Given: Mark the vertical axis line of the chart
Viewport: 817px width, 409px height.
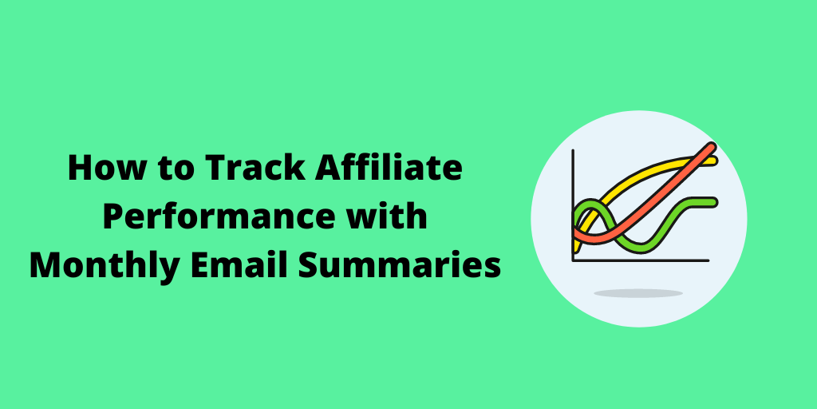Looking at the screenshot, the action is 573,205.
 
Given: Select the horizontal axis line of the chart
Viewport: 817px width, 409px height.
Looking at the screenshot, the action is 641,260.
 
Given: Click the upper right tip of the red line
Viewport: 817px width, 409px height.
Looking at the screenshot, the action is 712,145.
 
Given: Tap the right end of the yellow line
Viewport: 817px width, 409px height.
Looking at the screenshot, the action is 715,161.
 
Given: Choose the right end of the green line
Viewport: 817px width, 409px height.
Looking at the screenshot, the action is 714,202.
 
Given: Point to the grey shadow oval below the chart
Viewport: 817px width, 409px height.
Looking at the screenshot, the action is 638,293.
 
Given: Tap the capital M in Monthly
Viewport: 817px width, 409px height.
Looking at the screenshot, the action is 45,265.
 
